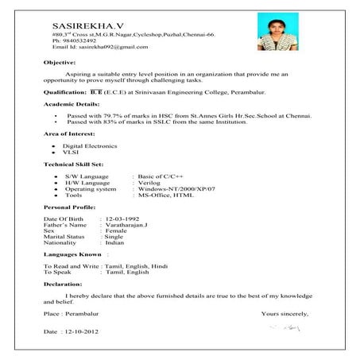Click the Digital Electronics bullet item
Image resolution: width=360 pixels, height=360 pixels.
(89, 147)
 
